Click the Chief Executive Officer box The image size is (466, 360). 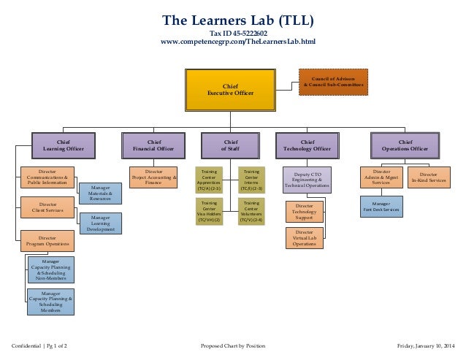pos(231,90)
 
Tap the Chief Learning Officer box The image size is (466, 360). pos(64,145)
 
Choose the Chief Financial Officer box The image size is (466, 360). pos(153,145)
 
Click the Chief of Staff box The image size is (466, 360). pos(230,145)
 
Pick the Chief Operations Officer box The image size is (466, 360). pos(405,145)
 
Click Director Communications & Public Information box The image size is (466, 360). pos(47,180)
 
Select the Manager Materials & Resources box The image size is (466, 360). pos(100,193)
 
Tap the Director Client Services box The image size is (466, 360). pos(47,208)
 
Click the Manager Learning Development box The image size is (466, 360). pos(100,223)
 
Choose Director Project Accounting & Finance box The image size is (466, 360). pos(153,177)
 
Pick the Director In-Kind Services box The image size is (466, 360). pos(429,177)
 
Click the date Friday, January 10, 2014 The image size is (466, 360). pos(424,345)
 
